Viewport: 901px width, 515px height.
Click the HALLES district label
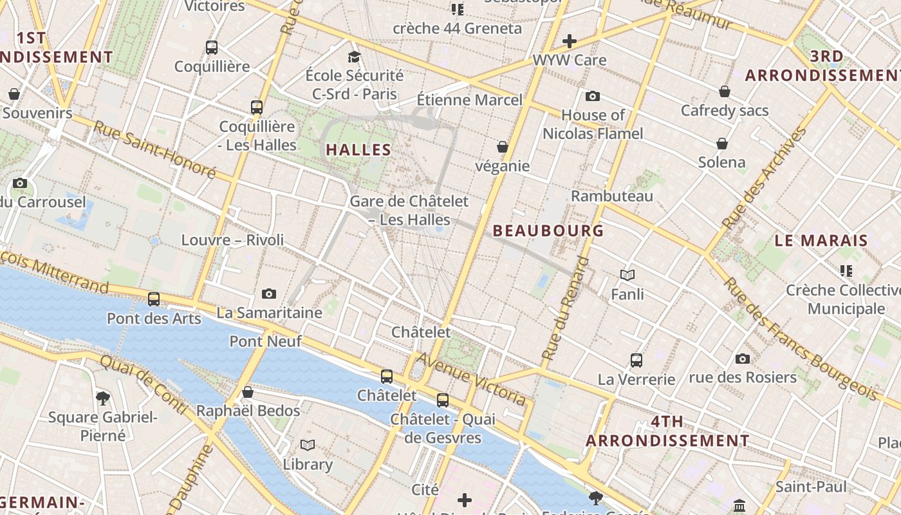[x=358, y=150]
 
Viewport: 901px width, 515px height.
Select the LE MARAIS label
[x=821, y=241]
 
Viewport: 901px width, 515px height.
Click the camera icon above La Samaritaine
[x=269, y=294]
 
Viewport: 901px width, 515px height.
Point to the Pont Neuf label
[x=265, y=341]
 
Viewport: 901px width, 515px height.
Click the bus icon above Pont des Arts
[x=154, y=299]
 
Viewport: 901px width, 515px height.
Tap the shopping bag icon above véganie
[x=503, y=147]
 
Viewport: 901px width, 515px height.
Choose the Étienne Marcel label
[x=470, y=100]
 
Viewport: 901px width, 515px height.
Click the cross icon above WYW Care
[x=570, y=42]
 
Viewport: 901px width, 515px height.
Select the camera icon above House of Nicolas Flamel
[x=593, y=97]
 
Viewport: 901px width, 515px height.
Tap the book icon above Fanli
[x=627, y=276]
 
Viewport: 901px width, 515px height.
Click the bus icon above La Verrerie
[x=636, y=360]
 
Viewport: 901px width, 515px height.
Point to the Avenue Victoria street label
[x=472, y=379]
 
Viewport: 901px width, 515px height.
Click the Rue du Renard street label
[x=565, y=308]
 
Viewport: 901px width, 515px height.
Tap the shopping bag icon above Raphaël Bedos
[x=248, y=392]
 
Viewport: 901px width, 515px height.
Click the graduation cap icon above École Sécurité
[x=354, y=57]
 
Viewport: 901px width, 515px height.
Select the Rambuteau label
[x=612, y=196]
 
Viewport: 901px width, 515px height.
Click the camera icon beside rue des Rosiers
[x=743, y=359]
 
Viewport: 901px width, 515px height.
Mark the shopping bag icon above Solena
[x=722, y=143]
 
